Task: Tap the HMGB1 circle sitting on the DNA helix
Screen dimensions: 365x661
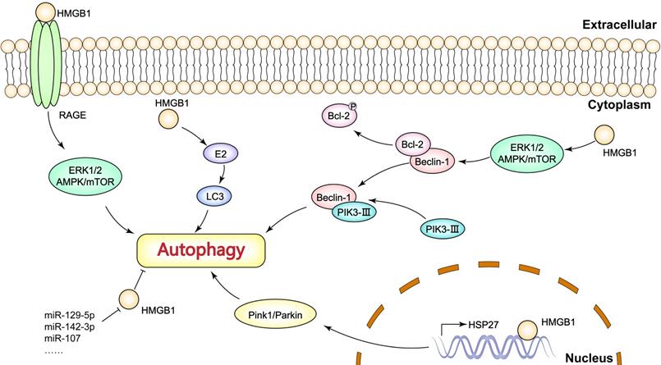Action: [526, 331]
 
